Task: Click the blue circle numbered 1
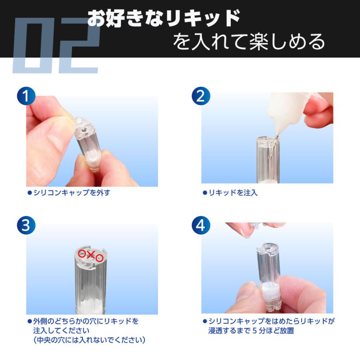[x=26, y=96]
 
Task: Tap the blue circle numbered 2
[x=201, y=96]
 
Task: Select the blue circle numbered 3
[x=26, y=226]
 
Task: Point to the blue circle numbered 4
[x=201, y=226]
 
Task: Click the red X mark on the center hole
[x=91, y=254]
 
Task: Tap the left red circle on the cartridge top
[x=82, y=253]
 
